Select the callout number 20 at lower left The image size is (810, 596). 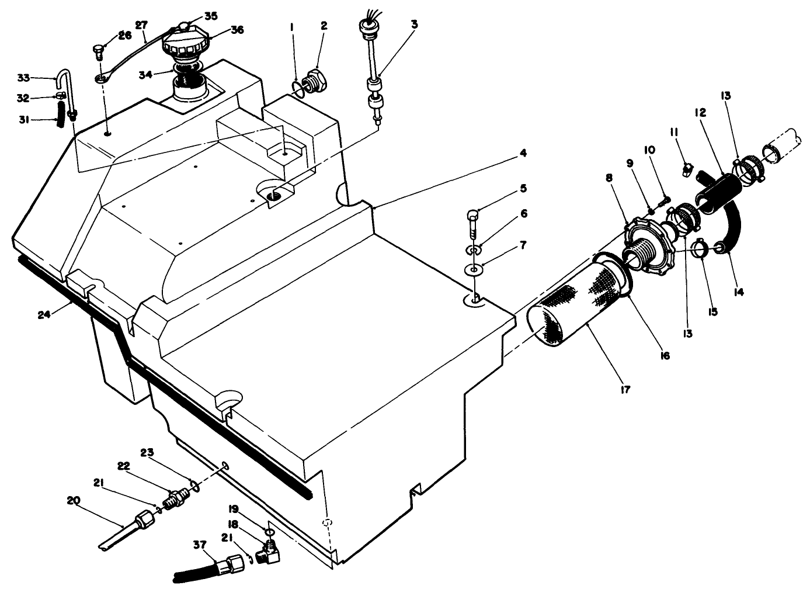[x=74, y=500]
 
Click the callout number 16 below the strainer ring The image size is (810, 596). [x=664, y=355]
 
